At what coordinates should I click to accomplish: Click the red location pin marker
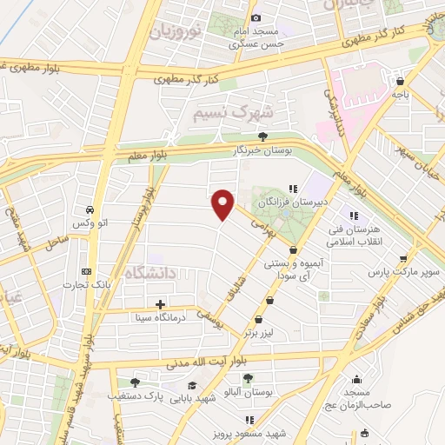click(x=223, y=203)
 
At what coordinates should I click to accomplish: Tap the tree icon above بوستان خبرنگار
click(x=262, y=136)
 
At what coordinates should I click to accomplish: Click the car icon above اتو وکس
click(x=90, y=209)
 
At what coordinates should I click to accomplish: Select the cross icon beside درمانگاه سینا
click(x=160, y=304)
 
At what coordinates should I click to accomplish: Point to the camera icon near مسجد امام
click(x=256, y=17)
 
